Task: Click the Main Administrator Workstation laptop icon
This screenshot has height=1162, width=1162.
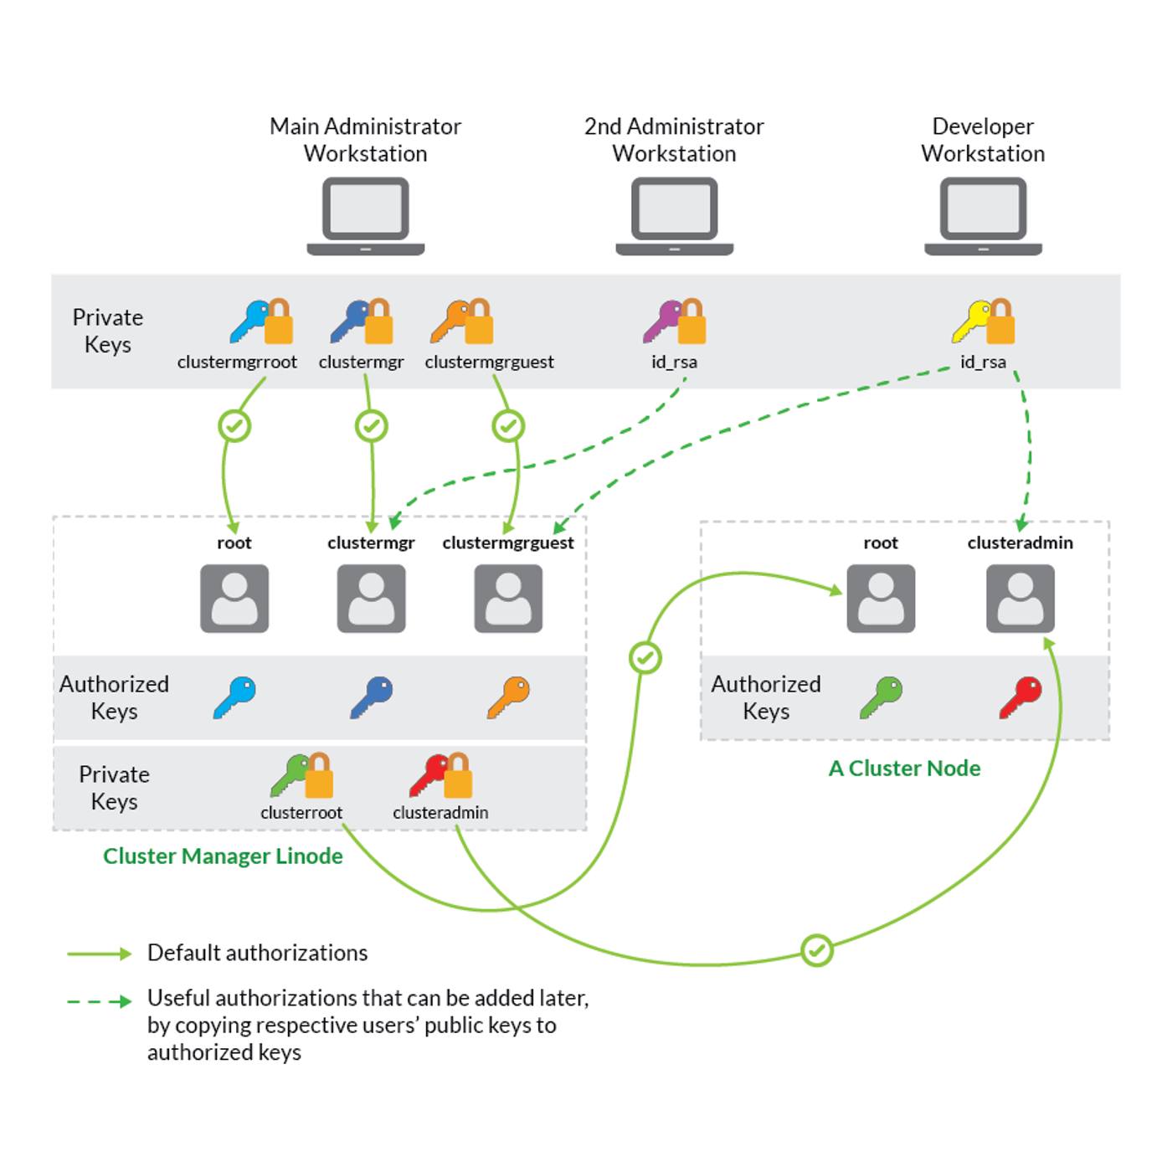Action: (366, 215)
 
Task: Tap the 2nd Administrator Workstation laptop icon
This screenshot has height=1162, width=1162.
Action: (674, 215)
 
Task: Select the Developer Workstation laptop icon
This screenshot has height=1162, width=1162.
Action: (983, 215)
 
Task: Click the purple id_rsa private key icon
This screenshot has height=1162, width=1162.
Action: (674, 322)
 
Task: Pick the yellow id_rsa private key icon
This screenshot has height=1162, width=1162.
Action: (983, 322)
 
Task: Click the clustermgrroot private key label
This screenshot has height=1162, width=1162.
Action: (237, 362)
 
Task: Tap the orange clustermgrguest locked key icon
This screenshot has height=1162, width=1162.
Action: (461, 322)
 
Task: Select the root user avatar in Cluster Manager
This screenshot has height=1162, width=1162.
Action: (234, 598)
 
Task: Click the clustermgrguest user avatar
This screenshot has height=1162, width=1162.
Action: (508, 598)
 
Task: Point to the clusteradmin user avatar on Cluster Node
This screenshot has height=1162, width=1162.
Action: (1020, 598)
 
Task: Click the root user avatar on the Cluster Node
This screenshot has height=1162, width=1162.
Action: (881, 598)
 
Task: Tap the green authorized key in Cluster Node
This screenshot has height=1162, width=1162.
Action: (881, 697)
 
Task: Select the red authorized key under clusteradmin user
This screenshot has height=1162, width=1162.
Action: (1020, 697)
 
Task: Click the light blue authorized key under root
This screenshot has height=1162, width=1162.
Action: (234, 697)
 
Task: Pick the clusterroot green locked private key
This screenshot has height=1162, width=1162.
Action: (301, 775)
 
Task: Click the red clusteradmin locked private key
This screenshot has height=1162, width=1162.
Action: (440, 775)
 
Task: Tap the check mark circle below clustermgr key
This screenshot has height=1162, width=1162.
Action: (372, 426)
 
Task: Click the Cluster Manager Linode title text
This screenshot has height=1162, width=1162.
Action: (223, 856)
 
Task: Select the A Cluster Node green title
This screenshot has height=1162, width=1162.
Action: (904, 769)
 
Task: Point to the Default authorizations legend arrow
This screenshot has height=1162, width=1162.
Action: (100, 954)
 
